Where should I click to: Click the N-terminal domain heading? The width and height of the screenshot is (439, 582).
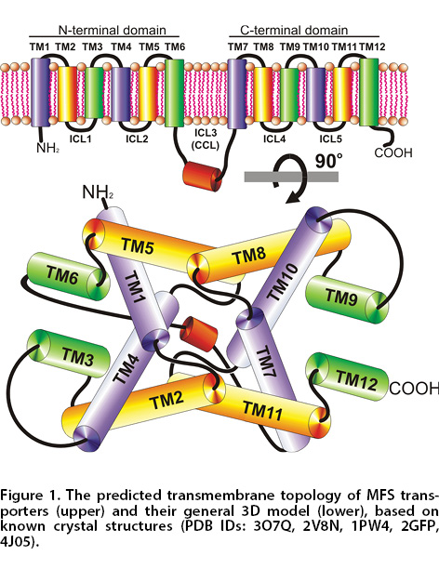(113, 30)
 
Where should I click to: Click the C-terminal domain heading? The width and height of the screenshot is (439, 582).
(294, 30)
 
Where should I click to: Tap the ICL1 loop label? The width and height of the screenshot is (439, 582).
(80, 139)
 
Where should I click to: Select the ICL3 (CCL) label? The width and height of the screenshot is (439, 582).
(206, 139)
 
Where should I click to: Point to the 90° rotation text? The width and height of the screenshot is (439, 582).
(328, 162)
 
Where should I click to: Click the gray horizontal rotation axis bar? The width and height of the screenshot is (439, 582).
(291, 177)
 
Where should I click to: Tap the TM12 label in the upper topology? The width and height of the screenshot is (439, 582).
(372, 46)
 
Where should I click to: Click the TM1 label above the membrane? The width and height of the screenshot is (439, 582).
(39, 46)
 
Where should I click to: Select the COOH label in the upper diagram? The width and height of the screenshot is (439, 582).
(393, 152)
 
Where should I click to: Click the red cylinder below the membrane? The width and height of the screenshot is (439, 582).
(202, 177)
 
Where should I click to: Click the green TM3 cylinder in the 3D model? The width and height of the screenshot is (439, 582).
(69, 353)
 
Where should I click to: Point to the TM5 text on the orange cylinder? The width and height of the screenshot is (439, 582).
(138, 245)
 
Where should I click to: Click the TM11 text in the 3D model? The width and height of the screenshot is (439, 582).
(262, 410)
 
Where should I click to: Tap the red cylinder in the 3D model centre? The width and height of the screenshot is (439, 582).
(198, 334)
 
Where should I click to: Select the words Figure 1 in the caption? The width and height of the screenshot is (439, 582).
(26, 496)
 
